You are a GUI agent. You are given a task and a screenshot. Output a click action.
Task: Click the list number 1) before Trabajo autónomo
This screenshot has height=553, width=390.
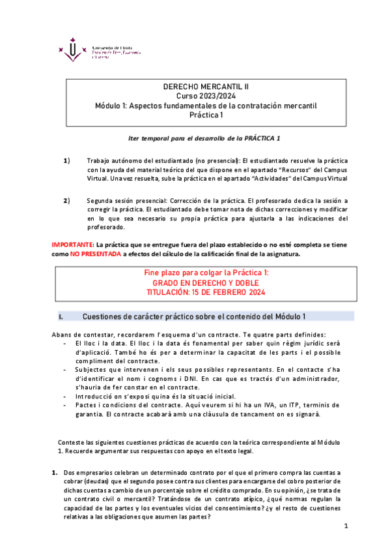pos(66,160)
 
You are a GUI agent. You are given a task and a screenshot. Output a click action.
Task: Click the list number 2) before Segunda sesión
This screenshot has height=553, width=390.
pos(66,200)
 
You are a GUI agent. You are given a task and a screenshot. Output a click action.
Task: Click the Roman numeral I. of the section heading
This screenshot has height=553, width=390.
pos(61,317)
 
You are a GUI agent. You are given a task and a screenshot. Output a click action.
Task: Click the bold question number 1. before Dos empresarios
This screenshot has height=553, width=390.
pos(55,471)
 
